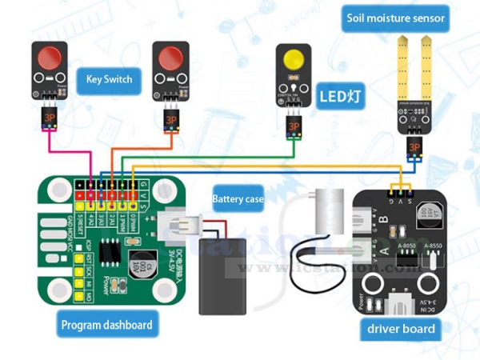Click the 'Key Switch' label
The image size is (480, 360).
109,79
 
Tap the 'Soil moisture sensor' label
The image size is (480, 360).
395,17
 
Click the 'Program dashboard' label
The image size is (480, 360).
106,325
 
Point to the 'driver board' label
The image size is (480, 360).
401,328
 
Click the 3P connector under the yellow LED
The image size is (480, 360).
294,126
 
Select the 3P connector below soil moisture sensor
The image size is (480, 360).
414,146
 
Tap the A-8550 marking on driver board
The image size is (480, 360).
432,246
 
